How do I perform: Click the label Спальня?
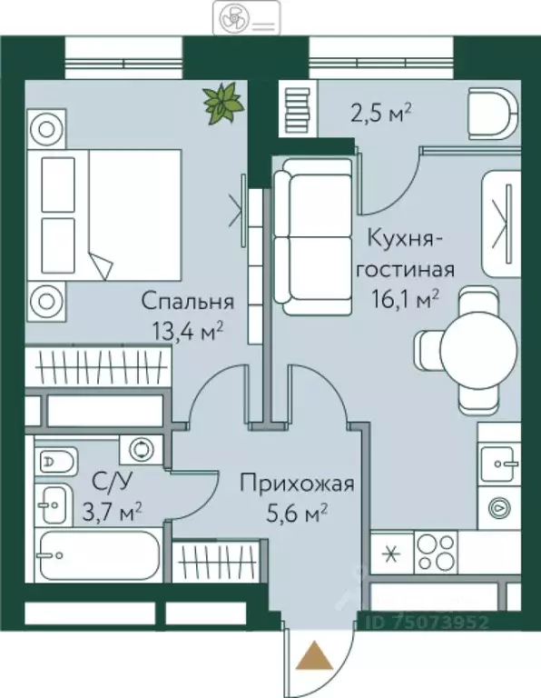187,302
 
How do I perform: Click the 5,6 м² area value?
297,514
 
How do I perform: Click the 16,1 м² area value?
410,298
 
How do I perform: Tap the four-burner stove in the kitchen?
438,551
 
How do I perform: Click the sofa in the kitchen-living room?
312,236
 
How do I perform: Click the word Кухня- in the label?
406,240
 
